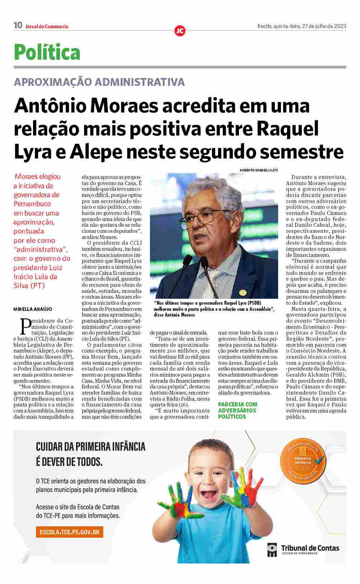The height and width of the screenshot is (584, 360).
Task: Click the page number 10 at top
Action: point(18,26)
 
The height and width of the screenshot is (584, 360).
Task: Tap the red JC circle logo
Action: point(180,31)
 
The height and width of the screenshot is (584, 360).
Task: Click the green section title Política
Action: point(47,52)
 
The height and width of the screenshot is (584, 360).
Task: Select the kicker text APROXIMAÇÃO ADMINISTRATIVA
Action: point(99,82)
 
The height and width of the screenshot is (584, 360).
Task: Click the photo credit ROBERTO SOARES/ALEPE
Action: point(259,170)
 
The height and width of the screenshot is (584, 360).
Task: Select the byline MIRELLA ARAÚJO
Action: point(33,309)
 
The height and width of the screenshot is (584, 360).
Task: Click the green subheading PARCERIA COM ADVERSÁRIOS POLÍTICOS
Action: point(237,410)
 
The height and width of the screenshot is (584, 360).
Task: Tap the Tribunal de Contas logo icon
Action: point(272,549)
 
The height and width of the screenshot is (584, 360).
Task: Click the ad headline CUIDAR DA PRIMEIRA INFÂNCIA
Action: point(91,447)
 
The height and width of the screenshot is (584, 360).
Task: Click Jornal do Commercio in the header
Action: point(47,26)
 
